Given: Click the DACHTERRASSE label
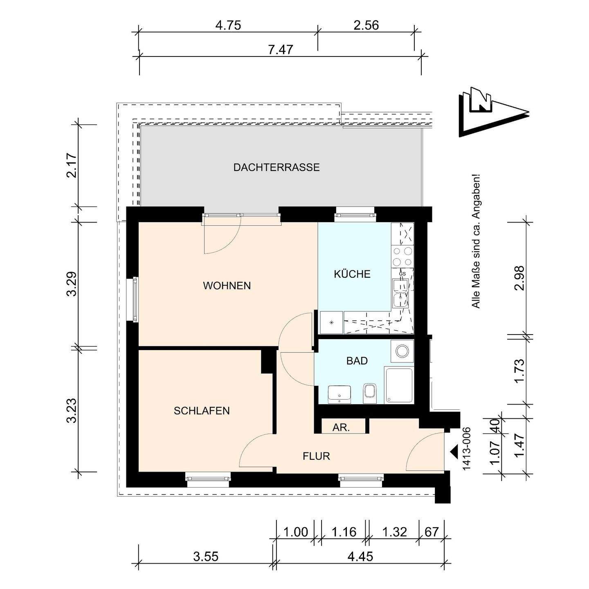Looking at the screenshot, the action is [x=277, y=168].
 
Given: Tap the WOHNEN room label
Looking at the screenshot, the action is [x=227, y=286].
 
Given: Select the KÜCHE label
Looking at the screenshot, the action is [x=352, y=274].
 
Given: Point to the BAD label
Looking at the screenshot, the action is [x=357, y=361].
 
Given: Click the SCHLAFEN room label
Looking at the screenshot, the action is [x=202, y=411].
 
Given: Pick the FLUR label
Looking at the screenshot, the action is [x=316, y=456].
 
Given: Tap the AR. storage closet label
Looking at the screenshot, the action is [x=341, y=428].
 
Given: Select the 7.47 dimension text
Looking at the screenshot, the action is [x=281, y=50].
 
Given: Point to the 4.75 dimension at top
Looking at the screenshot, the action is [x=228, y=25].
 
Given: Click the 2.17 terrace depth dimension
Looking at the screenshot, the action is [x=72, y=165].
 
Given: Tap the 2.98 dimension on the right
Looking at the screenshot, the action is [x=519, y=278].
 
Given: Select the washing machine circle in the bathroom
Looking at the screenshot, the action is [x=402, y=351].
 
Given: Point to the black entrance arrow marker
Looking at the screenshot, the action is [x=454, y=450].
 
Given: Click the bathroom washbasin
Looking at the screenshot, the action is [x=339, y=394].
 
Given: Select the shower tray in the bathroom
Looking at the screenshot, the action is [x=398, y=385].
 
